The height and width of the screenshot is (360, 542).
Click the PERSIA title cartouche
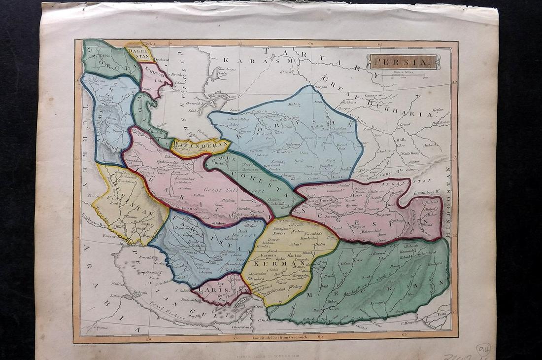(x=402, y=62)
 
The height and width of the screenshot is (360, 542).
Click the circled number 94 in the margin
(x=483, y=349)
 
